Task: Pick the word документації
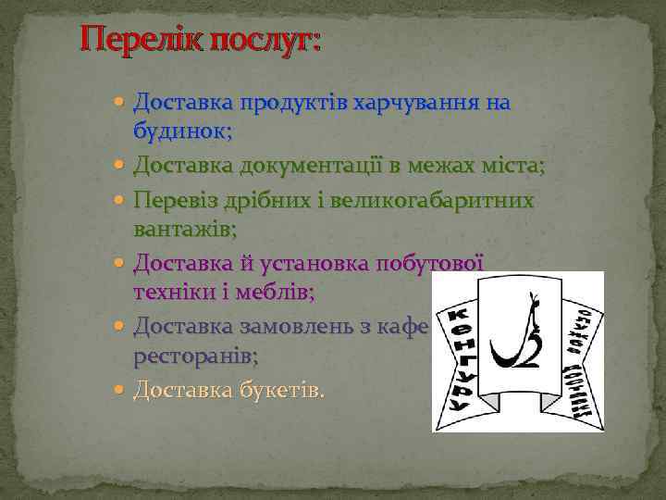coord(305,166)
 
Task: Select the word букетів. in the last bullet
coord(277,391)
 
